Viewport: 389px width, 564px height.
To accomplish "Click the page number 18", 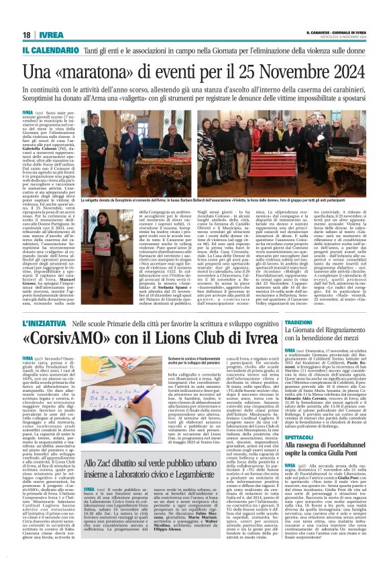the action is (x=26, y=36).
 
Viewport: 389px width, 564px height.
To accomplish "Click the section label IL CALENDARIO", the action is (x=47, y=50).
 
